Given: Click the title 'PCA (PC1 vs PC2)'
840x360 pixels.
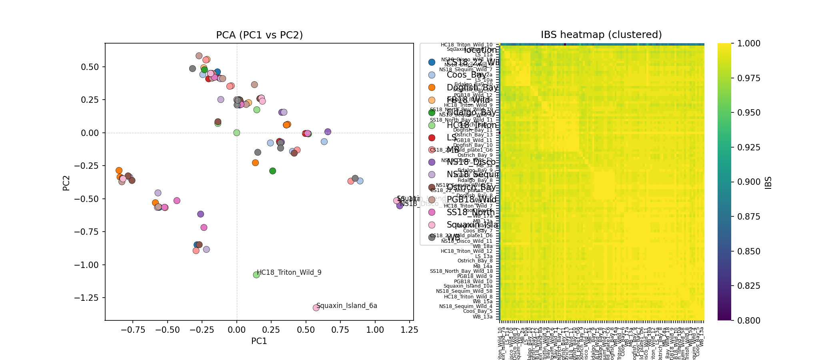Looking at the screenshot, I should (259, 35).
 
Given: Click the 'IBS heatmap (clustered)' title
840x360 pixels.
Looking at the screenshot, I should (601, 35).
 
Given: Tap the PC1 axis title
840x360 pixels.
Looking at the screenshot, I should (259, 341).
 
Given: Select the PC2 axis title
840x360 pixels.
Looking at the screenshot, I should (66, 183).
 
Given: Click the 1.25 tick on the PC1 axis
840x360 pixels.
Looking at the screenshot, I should (410, 330).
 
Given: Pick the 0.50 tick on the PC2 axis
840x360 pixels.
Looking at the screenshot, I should (90, 67).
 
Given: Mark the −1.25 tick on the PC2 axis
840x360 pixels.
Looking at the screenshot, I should (87, 298).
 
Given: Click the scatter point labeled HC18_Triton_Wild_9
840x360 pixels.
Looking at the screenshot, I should (256, 275).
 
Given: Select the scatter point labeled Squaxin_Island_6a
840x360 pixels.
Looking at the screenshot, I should (316, 308).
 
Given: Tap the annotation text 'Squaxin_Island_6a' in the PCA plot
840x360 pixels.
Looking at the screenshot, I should (346, 306).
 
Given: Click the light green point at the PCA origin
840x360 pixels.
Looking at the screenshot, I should (236, 132).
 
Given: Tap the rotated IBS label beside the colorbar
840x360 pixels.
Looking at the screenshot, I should (768, 182).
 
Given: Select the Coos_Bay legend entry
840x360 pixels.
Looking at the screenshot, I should (466, 75).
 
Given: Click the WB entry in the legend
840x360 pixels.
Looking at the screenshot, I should (453, 238).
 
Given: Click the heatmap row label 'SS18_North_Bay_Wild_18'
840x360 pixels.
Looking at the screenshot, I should (461, 271).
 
